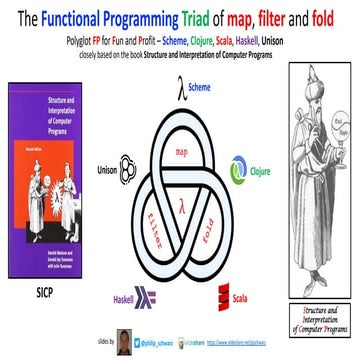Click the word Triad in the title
pyautogui.click(x=177, y=17)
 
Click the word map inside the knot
pyautogui.click(x=181, y=151)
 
